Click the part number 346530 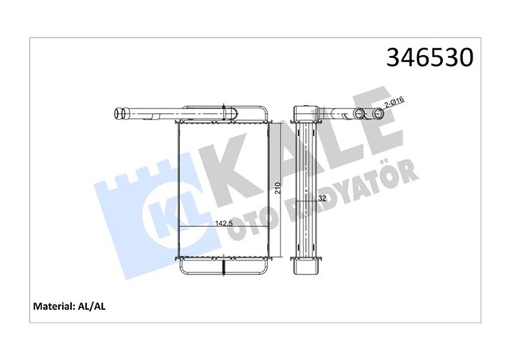click(430, 59)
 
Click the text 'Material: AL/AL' click(72, 305)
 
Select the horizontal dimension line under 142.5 click(223, 228)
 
